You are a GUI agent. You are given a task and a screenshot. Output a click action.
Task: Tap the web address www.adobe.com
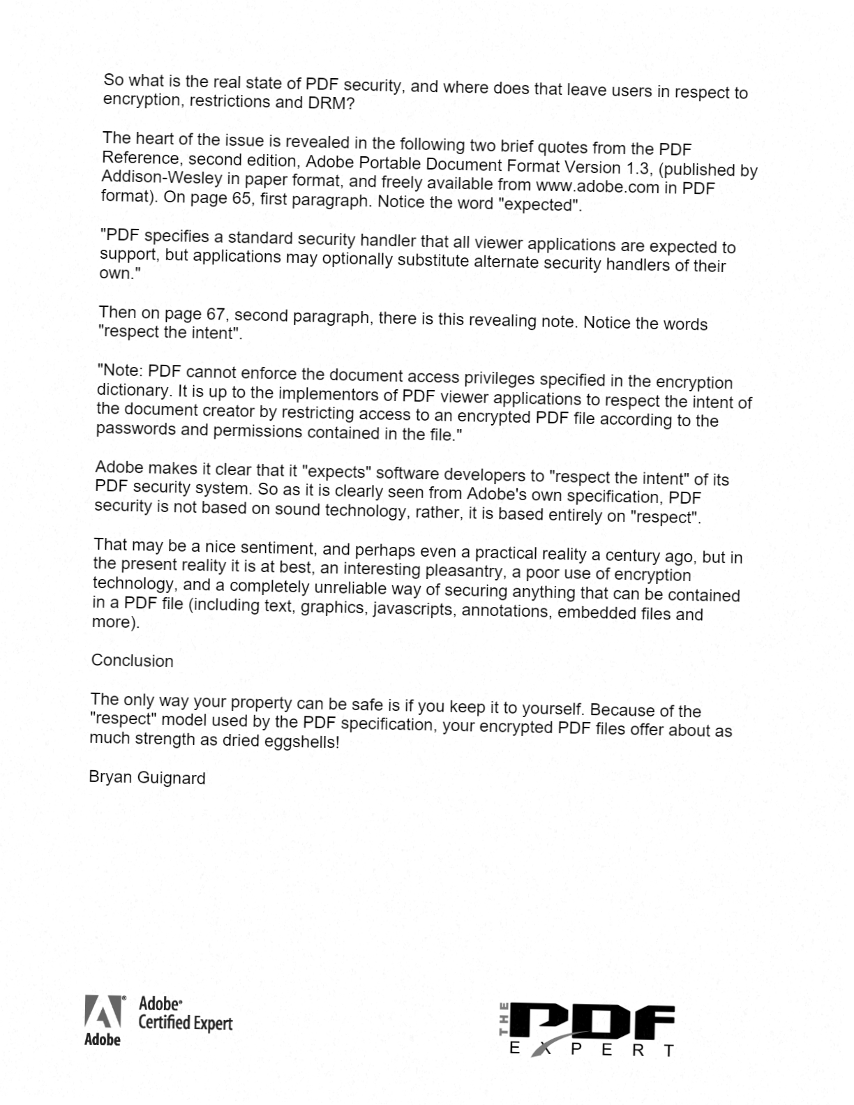[x=597, y=186]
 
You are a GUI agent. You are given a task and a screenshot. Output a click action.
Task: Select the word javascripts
[x=412, y=609]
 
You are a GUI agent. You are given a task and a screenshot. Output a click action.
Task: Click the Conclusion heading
[x=133, y=661]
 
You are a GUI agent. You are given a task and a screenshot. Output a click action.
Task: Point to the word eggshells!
[x=301, y=742]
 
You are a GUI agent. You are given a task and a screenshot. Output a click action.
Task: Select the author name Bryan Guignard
[x=147, y=777]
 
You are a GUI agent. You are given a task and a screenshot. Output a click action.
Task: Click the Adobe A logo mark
[x=102, y=1012]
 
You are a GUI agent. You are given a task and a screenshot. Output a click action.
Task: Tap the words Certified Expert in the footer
[x=185, y=1023]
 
